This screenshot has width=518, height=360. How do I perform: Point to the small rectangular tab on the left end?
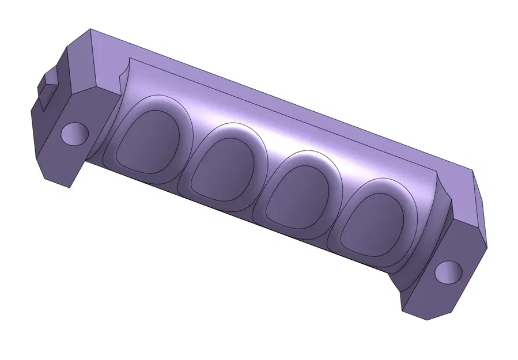[46, 89]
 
